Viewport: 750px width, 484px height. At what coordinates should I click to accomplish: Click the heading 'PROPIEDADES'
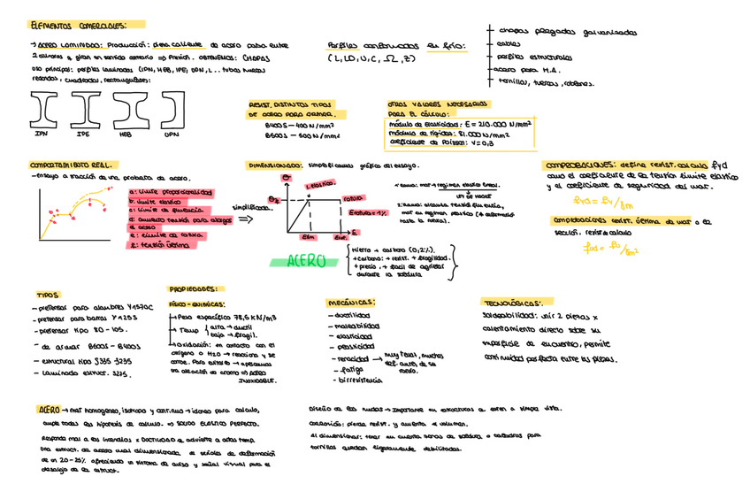click(x=194, y=288)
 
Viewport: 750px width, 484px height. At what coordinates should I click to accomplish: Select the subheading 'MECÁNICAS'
click(x=350, y=302)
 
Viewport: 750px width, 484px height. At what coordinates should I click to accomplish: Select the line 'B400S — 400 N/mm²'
click(x=290, y=126)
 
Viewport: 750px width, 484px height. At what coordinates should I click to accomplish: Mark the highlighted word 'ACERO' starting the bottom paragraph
click(x=49, y=411)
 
